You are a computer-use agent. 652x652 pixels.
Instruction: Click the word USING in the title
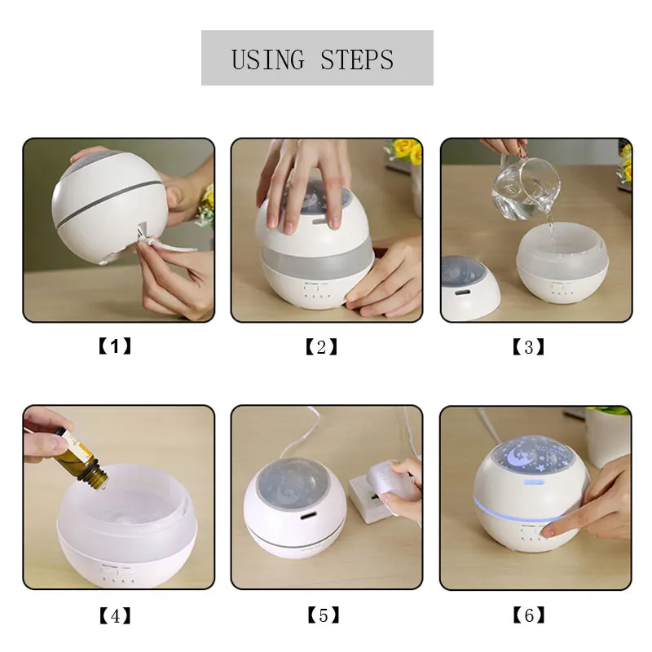268,59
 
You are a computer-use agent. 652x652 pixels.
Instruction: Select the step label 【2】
321,347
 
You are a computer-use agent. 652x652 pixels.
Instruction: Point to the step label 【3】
528,347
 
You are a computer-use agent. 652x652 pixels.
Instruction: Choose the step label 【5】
323,616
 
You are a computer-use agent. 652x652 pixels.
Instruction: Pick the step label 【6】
530,616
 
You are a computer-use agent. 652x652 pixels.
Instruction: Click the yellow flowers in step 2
405,152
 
